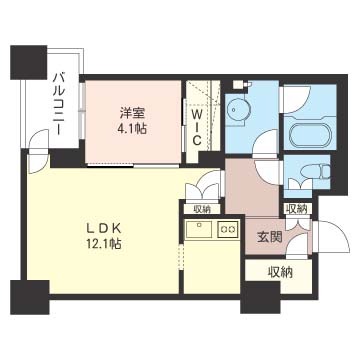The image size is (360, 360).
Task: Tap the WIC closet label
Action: coord(198,127)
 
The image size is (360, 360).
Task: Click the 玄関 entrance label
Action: coord(269,236)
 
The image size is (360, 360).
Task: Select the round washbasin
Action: coord(237,112)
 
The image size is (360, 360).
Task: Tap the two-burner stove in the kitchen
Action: coord(227,230)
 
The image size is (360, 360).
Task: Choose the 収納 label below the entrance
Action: coord(280,271)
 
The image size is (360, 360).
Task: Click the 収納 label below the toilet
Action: coord(296,209)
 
